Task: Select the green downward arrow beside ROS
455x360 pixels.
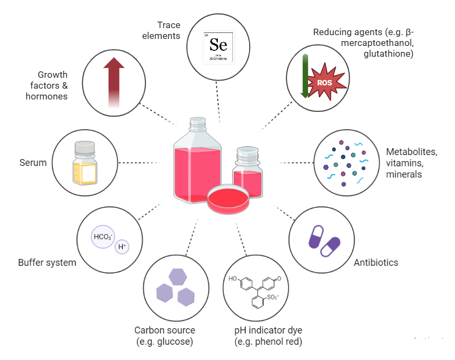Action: coord(305,76)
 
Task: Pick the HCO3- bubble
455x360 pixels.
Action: coord(103,237)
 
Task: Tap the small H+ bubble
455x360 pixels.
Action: coord(123,247)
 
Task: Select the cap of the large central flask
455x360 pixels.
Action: coord(197,123)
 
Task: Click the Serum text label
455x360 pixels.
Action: coord(33,162)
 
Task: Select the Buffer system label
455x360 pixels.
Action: coord(47,263)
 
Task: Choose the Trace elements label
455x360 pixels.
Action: coord(169,30)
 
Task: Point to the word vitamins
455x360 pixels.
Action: coord(403,163)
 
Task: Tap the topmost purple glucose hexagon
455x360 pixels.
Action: coord(178,277)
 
